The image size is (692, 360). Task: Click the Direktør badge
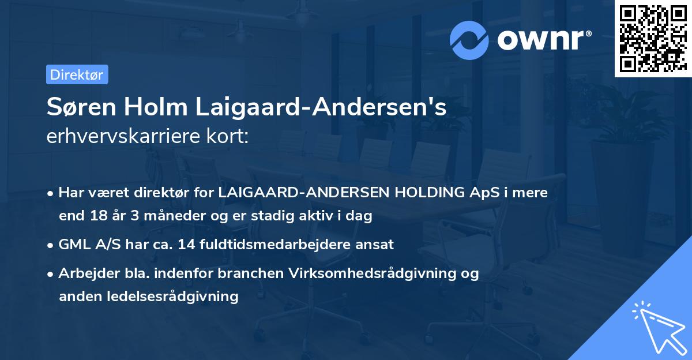[77, 74]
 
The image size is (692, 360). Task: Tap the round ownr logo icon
[468, 40]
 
